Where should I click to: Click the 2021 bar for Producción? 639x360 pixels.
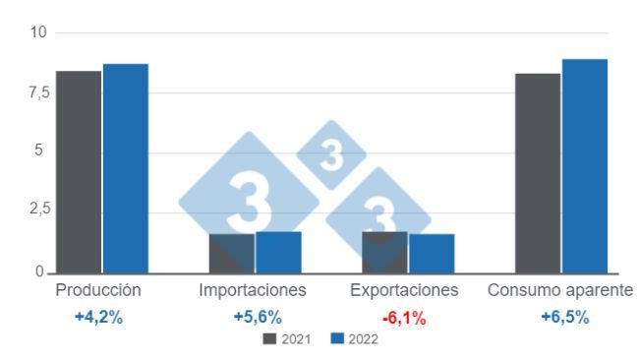point(79,171)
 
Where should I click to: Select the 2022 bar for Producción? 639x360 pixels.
point(125,168)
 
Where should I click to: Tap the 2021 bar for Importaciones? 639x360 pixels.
point(231,253)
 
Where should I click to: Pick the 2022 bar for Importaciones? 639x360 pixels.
point(278,252)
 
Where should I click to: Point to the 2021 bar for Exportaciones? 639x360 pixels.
point(384,252)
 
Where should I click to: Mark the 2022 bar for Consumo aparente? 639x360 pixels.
point(584,165)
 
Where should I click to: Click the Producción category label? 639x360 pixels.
point(98,290)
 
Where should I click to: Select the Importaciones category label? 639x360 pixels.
point(253,290)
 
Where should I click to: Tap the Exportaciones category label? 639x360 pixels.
point(405,290)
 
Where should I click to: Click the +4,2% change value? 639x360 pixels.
point(98,318)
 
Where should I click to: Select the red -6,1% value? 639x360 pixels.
point(404,318)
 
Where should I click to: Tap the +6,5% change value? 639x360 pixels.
point(565,318)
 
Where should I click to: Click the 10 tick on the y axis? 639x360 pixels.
point(38,32)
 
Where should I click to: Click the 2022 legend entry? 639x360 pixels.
point(355,339)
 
